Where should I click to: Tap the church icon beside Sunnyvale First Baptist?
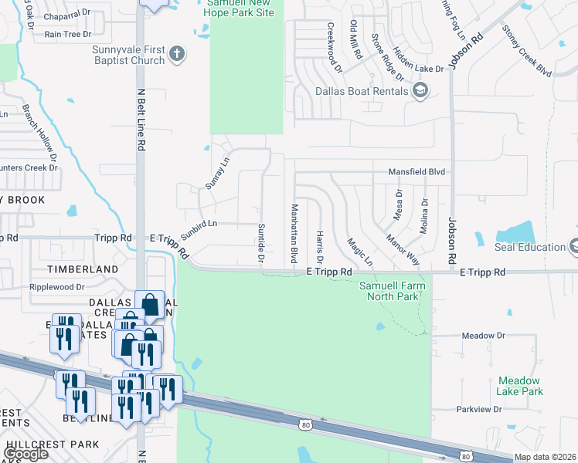(178, 54)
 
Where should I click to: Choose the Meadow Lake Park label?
(521, 386)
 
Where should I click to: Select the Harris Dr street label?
(319, 246)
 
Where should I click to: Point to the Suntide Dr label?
(260, 242)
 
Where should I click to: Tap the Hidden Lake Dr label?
(418, 59)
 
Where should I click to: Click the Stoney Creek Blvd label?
(527, 51)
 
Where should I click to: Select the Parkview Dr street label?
(479, 409)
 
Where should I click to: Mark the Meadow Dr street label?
(483, 336)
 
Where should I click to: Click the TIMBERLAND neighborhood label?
(83, 269)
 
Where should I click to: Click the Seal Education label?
(531, 247)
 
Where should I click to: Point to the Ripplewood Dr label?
(56, 287)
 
